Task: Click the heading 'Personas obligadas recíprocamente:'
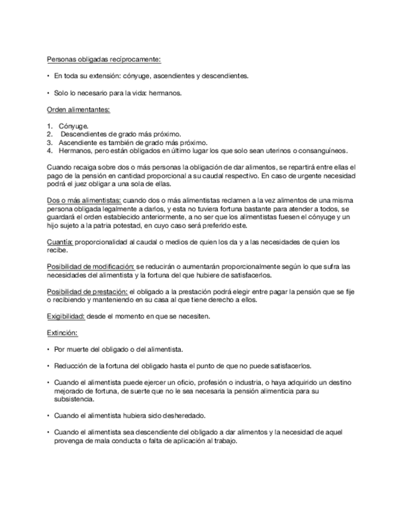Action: pyautogui.click(x=103, y=59)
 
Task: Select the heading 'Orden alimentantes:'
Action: pyautogui.click(x=78, y=110)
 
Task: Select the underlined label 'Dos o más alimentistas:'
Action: pyautogui.click(x=84, y=199)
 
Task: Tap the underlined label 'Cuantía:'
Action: pyautogui.click(x=60, y=241)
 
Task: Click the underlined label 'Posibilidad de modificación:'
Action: pyautogui.click(x=90, y=266)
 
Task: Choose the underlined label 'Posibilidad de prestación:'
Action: pyautogui.click(x=87, y=291)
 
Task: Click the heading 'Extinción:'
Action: pyautogui.click(x=62, y=332)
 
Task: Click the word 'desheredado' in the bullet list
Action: pyautogui.click(x=185, y=415)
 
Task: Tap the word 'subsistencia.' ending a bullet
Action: pyautogui.click(x=73, y=398)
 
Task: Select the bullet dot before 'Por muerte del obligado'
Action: pyautogui.click(x=48, y=349)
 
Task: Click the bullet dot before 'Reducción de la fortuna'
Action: pyautogui.click(x=48, y=365)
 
